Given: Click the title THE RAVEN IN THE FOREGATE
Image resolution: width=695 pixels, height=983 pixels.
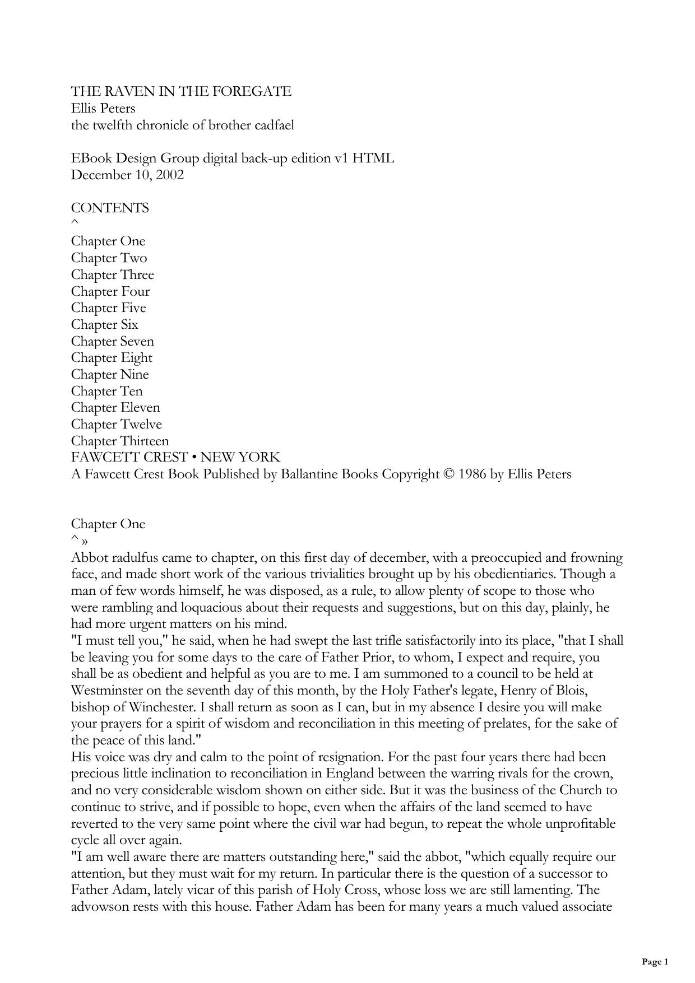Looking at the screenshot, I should click(x=181, y=91).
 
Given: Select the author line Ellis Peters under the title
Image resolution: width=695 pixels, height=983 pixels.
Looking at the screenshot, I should click(x=103, y=108).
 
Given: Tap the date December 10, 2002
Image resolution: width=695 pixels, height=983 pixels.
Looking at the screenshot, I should click(x=127, y=175).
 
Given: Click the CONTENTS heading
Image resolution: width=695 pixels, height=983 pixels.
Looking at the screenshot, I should click(x=110, y=208).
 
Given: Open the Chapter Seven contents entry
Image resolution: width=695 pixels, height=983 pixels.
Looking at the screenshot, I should click(x=112, y=341).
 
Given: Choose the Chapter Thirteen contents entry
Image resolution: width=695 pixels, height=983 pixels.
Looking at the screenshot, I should click(x=119, y=441).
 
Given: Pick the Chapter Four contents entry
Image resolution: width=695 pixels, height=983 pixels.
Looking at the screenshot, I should click(x=110, y=291).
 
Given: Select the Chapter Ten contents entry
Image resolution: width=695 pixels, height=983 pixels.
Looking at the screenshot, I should click(x=106, y=391).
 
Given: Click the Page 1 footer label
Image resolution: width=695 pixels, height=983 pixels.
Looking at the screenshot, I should click(x=655, y=962).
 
